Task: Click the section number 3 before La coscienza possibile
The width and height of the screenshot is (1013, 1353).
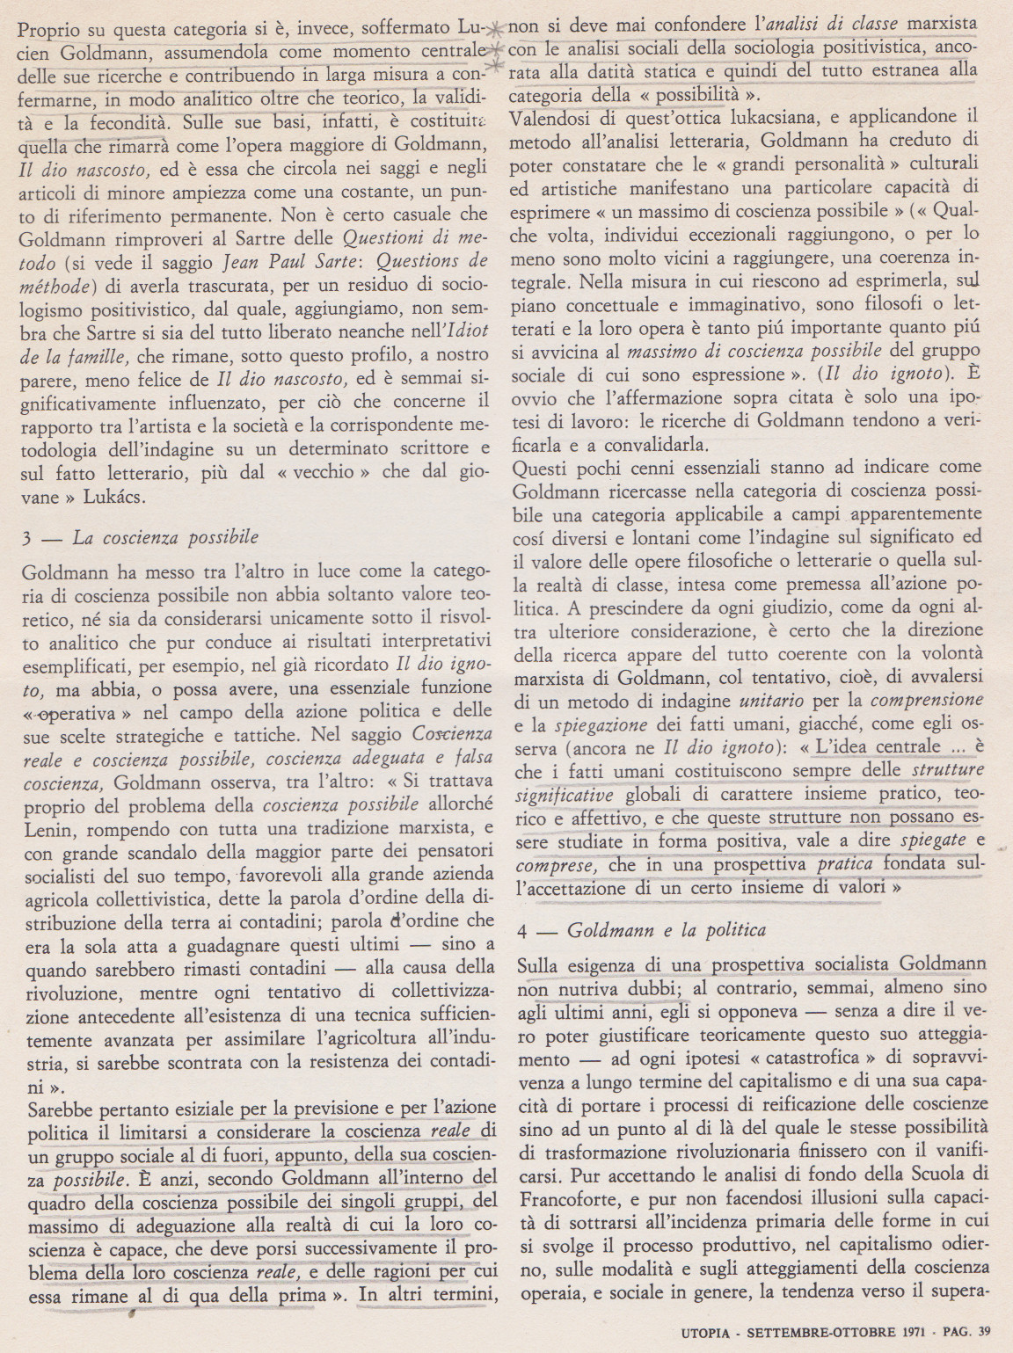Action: click(x=27, y=537)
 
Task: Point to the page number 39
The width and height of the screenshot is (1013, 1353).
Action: click(x=982, y=1330)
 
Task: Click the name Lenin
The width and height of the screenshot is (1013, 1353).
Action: click(x=41, y=828)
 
